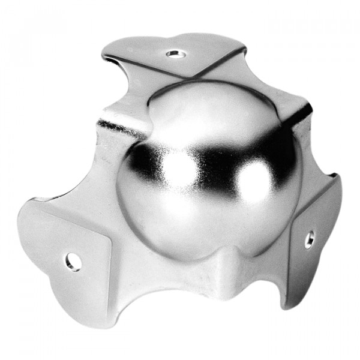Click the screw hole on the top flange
[175, 54]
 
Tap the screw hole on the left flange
[73, 262]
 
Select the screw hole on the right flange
[309, 239]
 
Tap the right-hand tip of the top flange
[243, 48]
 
